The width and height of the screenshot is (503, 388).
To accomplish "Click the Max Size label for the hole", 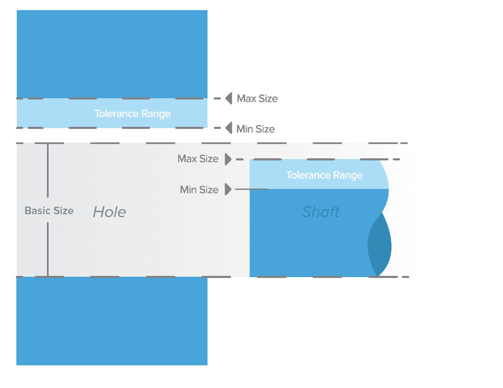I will [257, 99].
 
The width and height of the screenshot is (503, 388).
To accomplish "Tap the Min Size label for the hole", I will [255, 129].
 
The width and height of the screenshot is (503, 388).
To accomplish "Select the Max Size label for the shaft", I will [198, 159].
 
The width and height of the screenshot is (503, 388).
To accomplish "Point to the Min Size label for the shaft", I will [199, 190].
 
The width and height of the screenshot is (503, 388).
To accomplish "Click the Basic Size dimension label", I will [49, 210].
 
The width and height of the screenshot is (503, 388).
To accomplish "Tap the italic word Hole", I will [109, 212].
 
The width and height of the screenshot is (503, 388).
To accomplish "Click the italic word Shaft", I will [320, 212].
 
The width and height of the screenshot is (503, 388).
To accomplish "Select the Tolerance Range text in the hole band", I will [132, 114].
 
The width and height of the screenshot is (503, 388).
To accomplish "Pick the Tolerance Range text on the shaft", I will [324, 175].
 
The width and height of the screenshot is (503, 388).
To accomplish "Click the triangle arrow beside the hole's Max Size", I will [229, 99].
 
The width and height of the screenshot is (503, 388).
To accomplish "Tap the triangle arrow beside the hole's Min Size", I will [229, 128].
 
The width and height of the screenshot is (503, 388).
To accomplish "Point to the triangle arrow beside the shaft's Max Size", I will [228, 159].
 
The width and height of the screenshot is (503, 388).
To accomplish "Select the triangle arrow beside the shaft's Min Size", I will [228, 189].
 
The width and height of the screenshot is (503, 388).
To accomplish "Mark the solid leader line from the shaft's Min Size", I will [251, 189].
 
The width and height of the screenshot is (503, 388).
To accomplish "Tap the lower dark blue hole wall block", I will [112, 321].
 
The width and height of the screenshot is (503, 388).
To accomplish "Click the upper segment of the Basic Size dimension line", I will [48, 170].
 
